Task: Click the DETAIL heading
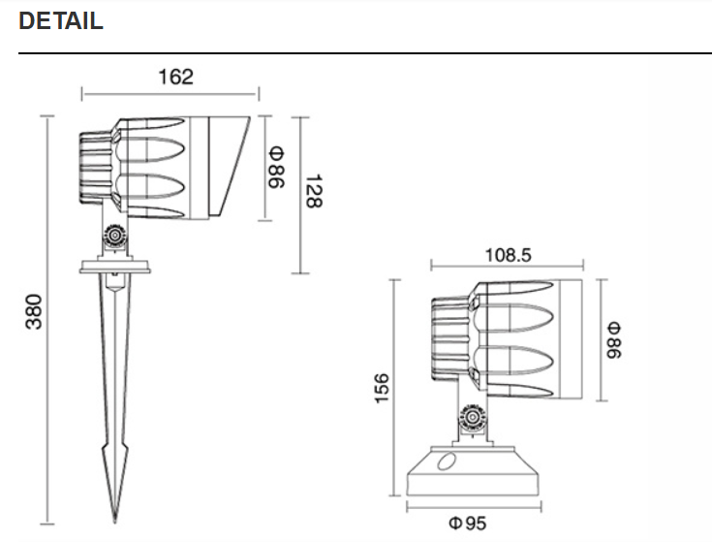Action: click(x=61, y=22)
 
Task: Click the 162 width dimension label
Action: click(x=175, y=77)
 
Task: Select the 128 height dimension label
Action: click(x=312, y=191)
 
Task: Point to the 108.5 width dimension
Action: click(x=508, y=255)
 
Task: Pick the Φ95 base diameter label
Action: click(x=469, y=524)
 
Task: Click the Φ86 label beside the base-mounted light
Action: click(x=611, y=339)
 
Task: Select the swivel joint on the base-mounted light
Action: click(x=472, y=415)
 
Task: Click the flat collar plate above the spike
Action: click(x=115, y=265)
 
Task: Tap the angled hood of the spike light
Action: click(x=227, y=165)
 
